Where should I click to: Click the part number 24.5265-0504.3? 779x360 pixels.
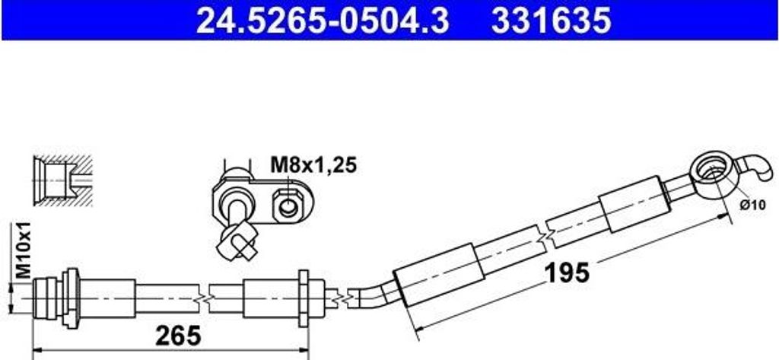(x=323, y=21)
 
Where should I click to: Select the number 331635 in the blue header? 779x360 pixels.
(x=551, y=21)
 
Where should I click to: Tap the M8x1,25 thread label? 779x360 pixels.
(x=313, y=165)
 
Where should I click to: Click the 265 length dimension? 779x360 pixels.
(x=178, y=336)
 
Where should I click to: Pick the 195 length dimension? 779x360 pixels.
(x=567, y=272)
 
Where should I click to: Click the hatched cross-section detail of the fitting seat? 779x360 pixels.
(x=62, y=180)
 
